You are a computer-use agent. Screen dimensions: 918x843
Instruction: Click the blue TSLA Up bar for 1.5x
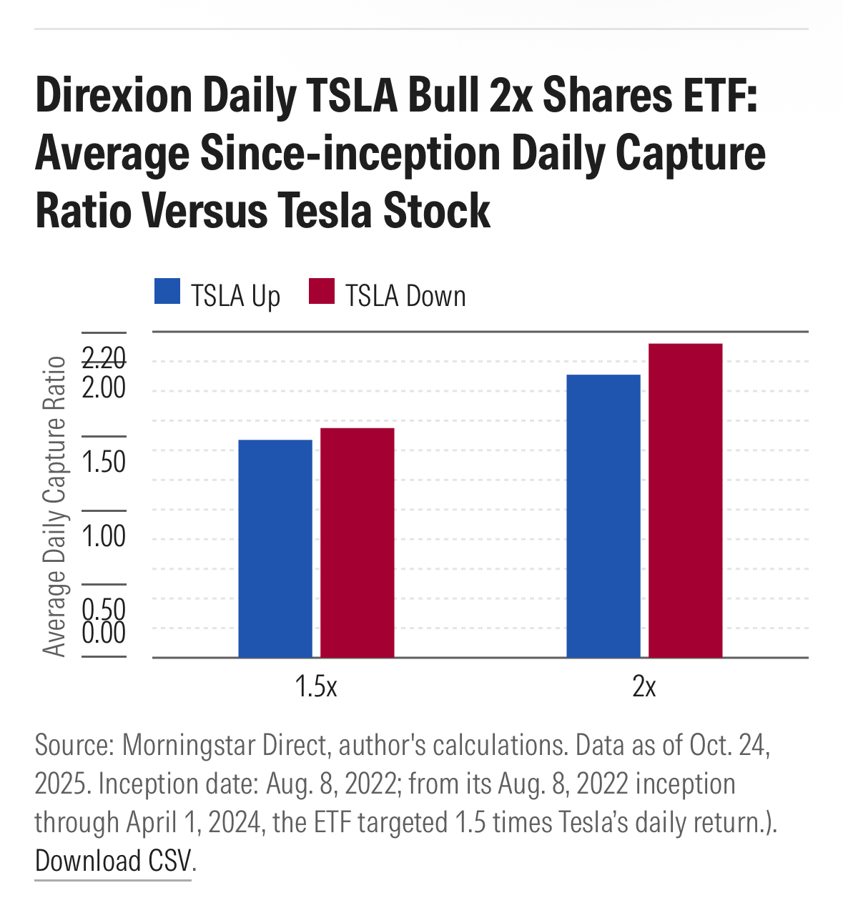click(275, 548)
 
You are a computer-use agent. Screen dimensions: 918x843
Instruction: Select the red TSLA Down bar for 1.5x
click(357, 543)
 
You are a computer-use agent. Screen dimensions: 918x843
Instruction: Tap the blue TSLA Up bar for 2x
click(603, 515)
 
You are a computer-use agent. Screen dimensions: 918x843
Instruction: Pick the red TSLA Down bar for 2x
click(685, 500)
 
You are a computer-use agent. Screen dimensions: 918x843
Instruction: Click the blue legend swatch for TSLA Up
click(167, 292)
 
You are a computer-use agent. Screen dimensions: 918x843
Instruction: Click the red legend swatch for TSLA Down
click(322, 292)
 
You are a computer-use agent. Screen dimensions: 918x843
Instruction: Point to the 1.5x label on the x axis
click(316, 687)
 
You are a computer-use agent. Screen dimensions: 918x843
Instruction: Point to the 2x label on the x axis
click(644, 687)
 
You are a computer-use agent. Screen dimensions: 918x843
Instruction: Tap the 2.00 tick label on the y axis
click(104, 388)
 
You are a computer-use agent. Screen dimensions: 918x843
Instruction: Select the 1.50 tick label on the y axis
click(104, 462)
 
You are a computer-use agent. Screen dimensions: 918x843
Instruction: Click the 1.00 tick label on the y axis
click(104, 536)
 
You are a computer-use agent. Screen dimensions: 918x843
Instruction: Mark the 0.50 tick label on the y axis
click(104, 608)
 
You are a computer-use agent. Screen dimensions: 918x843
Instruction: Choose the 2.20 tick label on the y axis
click(104, 357)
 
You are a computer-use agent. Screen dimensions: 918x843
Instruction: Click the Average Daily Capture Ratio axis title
click(54, 505)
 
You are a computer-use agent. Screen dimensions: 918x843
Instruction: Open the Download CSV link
click(113, 861)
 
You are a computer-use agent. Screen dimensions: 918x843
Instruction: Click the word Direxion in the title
click(113, 96)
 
